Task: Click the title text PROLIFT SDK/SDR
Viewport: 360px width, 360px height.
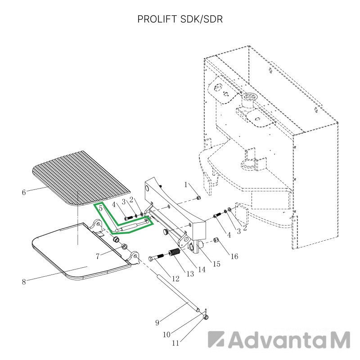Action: coord(180,19)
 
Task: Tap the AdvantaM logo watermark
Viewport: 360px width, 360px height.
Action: coord(279,340)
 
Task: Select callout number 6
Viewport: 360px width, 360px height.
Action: coord(24,192)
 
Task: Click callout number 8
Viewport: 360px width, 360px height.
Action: coord(24,282)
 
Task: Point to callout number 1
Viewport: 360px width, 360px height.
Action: coord(186,184)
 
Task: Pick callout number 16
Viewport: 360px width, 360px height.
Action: coord(234,256)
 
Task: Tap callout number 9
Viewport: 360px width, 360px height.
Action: coord(157,323)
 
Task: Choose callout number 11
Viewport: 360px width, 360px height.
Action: coord(175,343)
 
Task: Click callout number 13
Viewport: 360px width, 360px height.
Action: coord(190,274)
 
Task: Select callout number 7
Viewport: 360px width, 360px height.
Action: coord(98,256)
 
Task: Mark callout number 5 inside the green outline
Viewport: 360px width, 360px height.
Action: coord(100,208)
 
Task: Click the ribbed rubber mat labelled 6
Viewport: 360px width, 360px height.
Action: coord(81,178)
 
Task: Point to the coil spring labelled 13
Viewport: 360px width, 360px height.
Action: coord(175,253)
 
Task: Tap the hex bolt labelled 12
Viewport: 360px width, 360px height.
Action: coord(156,257)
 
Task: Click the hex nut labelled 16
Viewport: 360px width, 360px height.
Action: coord(216,240)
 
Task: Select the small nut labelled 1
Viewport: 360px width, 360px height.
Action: coord(199,198)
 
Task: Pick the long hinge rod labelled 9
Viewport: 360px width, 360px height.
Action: coord(178,293)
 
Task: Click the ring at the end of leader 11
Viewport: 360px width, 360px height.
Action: coord(206,317)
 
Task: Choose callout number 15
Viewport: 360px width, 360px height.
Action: coord(216,264)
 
